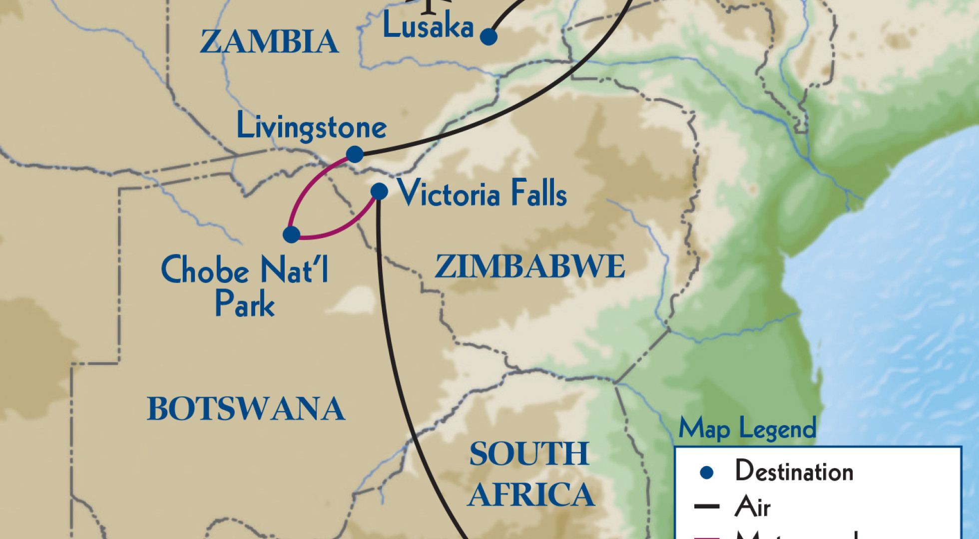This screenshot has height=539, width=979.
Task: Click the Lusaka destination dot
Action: click(x=489, y=36)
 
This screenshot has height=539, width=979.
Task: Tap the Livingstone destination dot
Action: click(x=355, y=154)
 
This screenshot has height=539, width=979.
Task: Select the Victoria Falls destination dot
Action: click(x=379, y=191)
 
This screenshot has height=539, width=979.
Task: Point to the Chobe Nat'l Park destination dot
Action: click(x=291, y=234)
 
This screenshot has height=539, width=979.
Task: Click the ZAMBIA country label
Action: click(x=269, y=41)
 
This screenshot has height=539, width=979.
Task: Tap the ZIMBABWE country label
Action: click(x=529, y=267)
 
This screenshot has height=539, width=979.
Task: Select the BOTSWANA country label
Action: click(x=246, y=409)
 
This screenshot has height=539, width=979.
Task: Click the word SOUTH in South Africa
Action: click(x=529, y=454)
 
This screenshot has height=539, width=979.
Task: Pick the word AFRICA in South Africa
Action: click(x=531, y=495)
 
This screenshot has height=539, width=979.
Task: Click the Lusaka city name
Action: click(x=428, y=26)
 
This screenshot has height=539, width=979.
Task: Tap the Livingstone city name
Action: click(x=311, y=127)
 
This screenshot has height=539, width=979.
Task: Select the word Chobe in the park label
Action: click(x=205, y=270)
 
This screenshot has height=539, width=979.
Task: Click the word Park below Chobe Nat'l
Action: click(x=245, y=304)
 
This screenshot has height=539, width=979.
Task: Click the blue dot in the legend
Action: click(x=706, y=472)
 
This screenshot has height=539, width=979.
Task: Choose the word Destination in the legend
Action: click(x=794, y=472)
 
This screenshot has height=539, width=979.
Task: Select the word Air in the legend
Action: click(x=752, y=507)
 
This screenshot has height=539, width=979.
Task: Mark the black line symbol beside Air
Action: click(x=707, y=507)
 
